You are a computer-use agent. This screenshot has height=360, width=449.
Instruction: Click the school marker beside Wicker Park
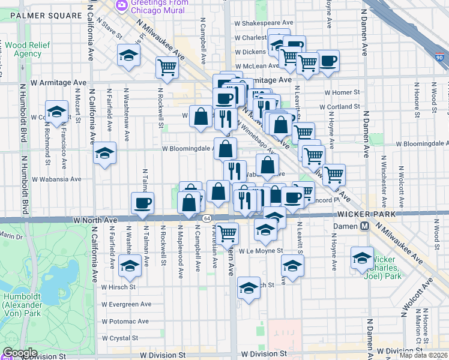(x=362, y=257)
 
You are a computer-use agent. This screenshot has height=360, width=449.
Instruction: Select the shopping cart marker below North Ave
(x=227, y=232)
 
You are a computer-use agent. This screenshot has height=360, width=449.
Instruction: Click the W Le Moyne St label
(x=261, y=251)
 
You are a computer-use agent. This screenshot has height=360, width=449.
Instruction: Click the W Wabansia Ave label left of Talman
(x=56, y=179)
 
